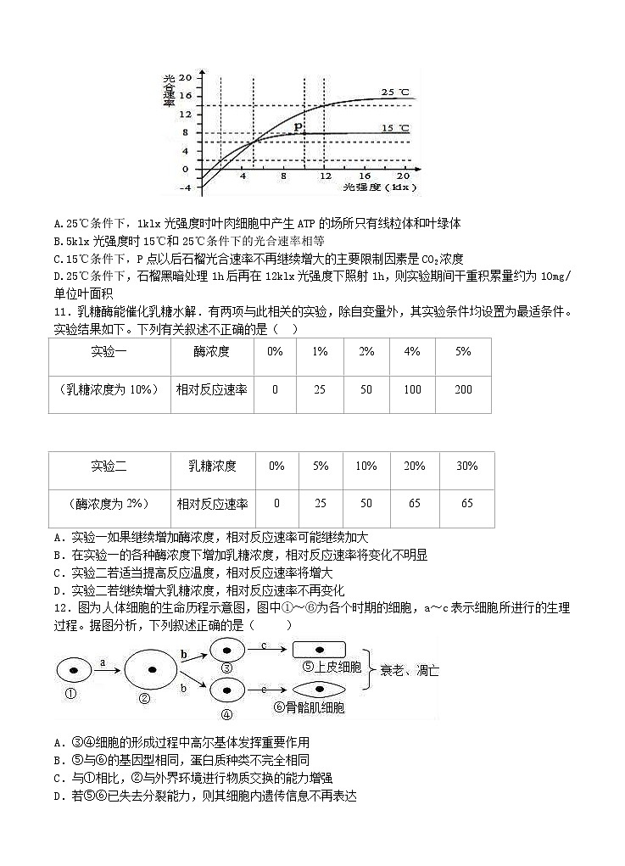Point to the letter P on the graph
coord(298,126)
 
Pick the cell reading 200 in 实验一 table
coord(463,389)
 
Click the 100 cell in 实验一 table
coord(413,389)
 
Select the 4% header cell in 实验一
coord(413,351)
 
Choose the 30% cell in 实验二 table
coord(466,466)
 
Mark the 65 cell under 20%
coord(415,504)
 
